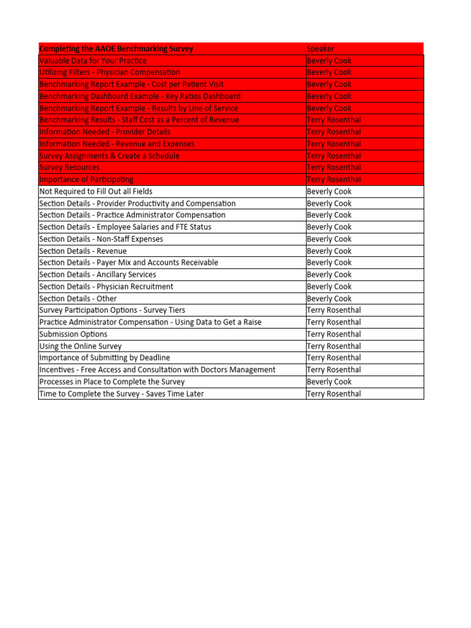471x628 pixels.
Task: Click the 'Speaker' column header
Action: click(321, 48)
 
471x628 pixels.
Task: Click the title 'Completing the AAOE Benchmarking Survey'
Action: click(116, 48)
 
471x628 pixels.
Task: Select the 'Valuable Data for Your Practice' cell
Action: click(93, 61)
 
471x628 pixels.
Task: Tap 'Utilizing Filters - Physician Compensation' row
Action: click(110, 72)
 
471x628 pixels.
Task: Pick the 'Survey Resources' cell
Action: click(69, 167)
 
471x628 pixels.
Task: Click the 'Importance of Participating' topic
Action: click(86, 180)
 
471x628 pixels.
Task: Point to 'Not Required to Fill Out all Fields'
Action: click(96, 191)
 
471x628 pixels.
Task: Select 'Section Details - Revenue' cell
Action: click(83, 251)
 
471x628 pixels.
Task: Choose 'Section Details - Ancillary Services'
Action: click(98, 275)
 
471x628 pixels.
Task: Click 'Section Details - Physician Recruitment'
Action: click(106, 286)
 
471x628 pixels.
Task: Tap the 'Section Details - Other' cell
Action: click(78, 299)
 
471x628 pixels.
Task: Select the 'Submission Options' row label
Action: click(73, 334)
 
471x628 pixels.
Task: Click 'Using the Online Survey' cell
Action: click(80, 346)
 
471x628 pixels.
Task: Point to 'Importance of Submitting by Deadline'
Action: click(105, 358)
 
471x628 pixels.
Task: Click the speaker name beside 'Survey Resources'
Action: click(334, 167)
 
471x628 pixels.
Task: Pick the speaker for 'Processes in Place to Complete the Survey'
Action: click(329, 381)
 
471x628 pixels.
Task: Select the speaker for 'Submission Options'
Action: click(334, 334)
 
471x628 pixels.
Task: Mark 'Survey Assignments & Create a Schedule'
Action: click(109, 156)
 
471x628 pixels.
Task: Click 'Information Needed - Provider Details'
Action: click(105, 132)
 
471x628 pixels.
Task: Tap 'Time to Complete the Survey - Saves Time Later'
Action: click(121, 394)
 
